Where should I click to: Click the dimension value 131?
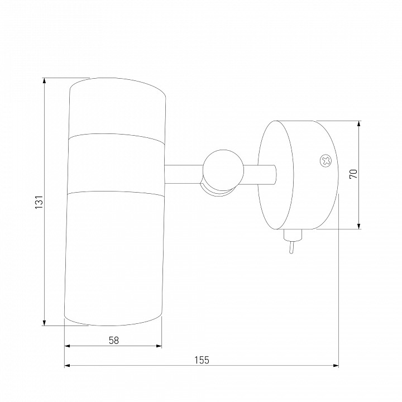pos(39,202)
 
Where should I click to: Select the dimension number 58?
pos(114,341)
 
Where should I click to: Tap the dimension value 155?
pos(202,360)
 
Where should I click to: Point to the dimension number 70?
pos(353,174)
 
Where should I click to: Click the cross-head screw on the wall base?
pos(326,161)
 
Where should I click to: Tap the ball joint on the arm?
pos(223,170)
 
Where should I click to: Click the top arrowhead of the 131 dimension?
pos(44,80)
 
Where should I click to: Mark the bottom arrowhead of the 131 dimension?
pos(44,323)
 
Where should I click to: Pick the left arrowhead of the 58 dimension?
pos(67,346)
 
